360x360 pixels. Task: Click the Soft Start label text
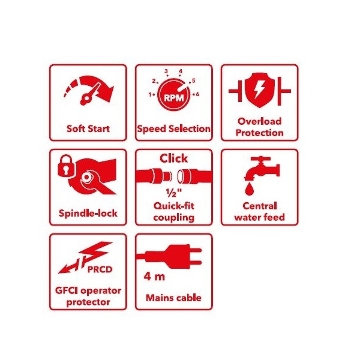tap(88, 128)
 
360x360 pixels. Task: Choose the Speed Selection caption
tap(173, 128)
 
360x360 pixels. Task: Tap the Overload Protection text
tap(259, 127)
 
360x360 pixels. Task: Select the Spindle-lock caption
tap(88, 213)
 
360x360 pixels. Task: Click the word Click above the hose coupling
tap(173, 159)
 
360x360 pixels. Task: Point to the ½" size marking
tap(174, 193)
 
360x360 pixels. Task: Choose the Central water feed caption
tap(259, 212)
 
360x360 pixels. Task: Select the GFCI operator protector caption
tap(88, 296)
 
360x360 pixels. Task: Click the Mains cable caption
tap(173, 298)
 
